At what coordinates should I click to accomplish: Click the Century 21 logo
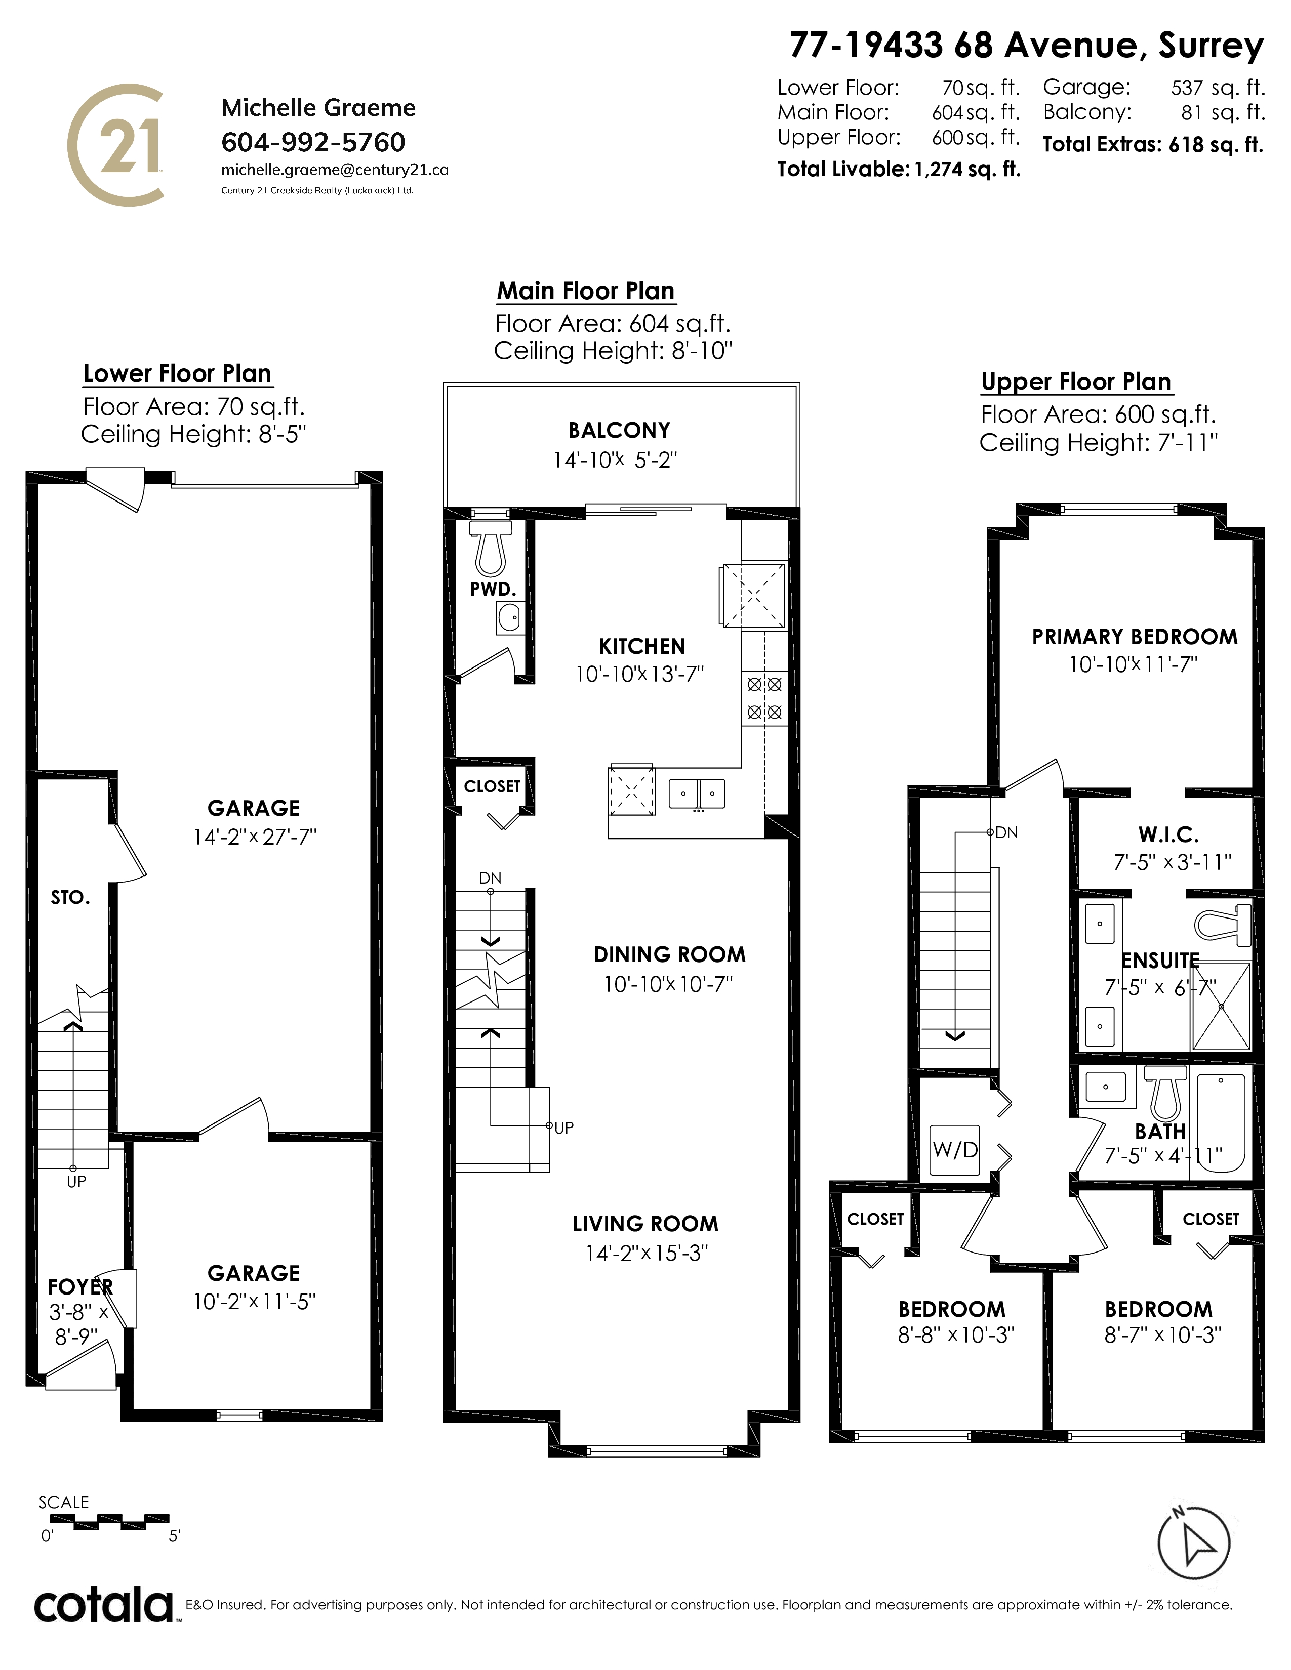click(116, 145)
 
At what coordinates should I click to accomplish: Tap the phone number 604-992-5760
click(313, 142)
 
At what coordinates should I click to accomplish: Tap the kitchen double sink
click(697, 793)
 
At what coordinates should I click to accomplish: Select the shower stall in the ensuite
click(1221, 1006)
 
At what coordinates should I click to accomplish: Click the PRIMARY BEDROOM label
click(1134, 637)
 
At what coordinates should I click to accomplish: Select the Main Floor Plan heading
click(586, 291)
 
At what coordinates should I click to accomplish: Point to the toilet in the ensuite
click(1222, 924)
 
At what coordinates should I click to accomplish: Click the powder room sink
click(509, 617)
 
